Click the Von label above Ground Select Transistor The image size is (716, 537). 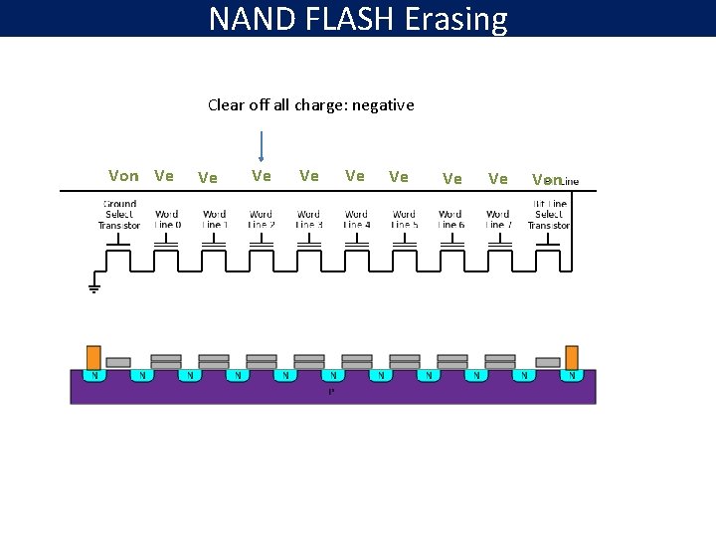coord(123,176)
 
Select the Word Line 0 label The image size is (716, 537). coord(167,219)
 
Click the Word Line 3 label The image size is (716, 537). coord(308,219)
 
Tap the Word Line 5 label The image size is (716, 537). coord(404,219)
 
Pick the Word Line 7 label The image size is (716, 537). coord(497,219)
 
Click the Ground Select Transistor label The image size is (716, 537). coord(119,215)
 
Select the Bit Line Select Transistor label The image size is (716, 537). coord(549,215)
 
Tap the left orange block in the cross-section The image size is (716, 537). coord(93,357)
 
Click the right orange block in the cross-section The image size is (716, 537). coord(572,357)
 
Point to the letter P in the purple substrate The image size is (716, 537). coord(331,391)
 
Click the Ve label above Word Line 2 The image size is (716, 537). coord(262,176)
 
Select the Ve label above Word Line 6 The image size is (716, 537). coord(451,179)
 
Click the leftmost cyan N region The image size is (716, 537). coord(94,376)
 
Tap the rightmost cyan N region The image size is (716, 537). coord(572,376)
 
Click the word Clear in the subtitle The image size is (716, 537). coord(225,104)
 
